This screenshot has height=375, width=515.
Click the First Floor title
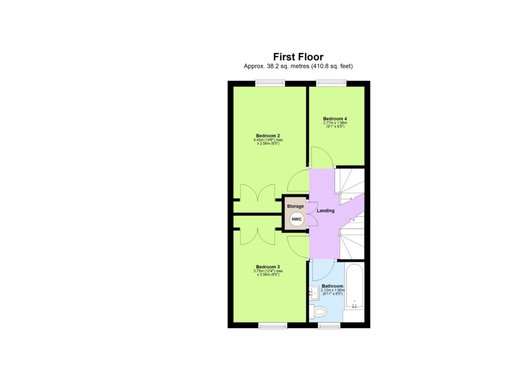pos(298,57)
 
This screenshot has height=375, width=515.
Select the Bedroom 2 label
pos(268,136)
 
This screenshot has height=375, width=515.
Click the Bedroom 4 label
pos(335,119)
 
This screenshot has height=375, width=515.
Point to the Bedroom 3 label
pos(268,267)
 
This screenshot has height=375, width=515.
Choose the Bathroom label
pos(332,286)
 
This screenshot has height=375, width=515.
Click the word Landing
pos(325,210)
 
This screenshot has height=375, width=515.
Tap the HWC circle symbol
pos(296,220)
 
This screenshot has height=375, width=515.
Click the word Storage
pos(295,206)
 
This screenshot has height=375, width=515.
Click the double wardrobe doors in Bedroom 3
pos(257,235)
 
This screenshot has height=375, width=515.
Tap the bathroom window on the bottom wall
pos(329,326)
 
